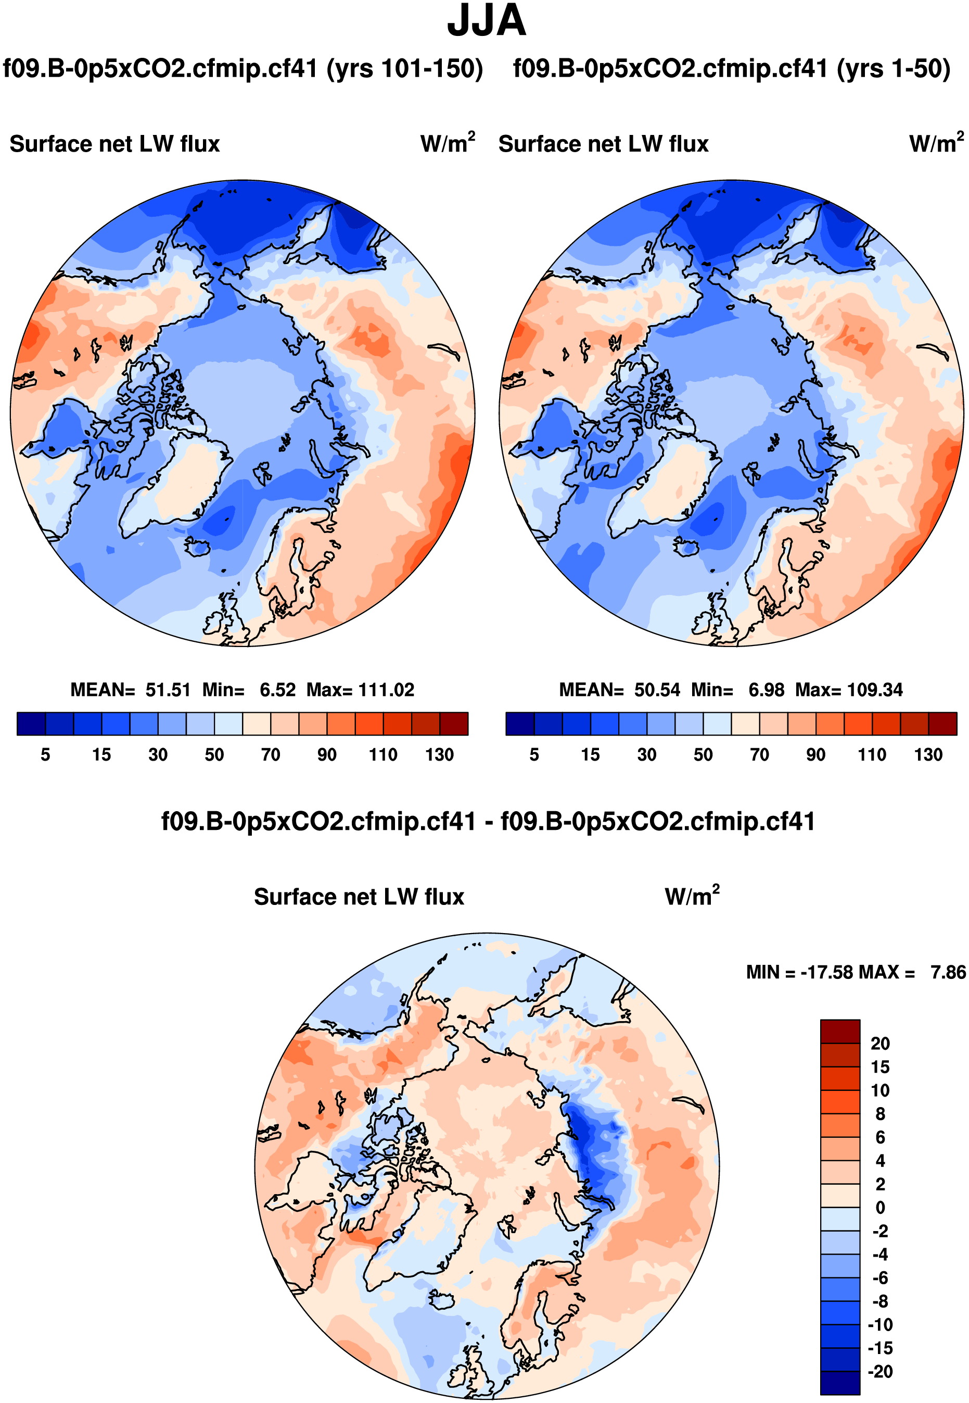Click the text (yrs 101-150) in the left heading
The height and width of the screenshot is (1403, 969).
tap(404, 69)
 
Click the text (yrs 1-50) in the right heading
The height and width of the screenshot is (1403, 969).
tap(893, 69)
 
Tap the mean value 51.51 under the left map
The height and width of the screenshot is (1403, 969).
tap(168, 690)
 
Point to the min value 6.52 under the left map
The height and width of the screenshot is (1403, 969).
tap(277, 690)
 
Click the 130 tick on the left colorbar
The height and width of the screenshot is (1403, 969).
tap(439, 755)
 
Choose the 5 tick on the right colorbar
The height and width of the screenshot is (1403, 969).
tap(534, 755)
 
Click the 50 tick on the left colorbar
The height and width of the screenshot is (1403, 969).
tap(214, 755)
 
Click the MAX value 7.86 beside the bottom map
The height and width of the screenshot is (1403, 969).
tap(948, 972)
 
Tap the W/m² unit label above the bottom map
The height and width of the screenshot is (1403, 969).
tap(692, 896)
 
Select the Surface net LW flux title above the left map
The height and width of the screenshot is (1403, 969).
tap(114, 144)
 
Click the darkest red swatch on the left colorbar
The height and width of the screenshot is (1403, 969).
tap(454, 724)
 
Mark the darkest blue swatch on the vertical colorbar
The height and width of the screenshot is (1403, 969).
tap(840, 1382)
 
